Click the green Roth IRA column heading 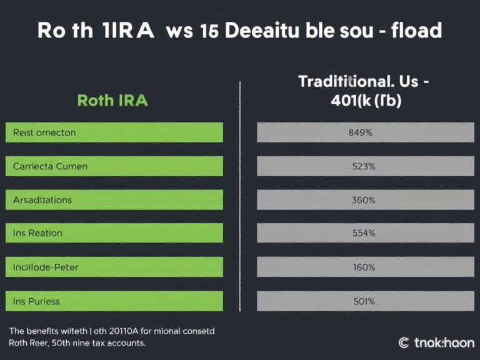click(x=112, y=100)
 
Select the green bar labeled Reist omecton click(x=114, y=132)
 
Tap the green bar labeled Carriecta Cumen click(x=114, y=166)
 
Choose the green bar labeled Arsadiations click(x=114, y=200)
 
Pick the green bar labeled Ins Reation click(x=114, y=233)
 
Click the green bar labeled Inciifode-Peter click(x=114, y=267)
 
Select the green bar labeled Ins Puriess click(x=114, y=301)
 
